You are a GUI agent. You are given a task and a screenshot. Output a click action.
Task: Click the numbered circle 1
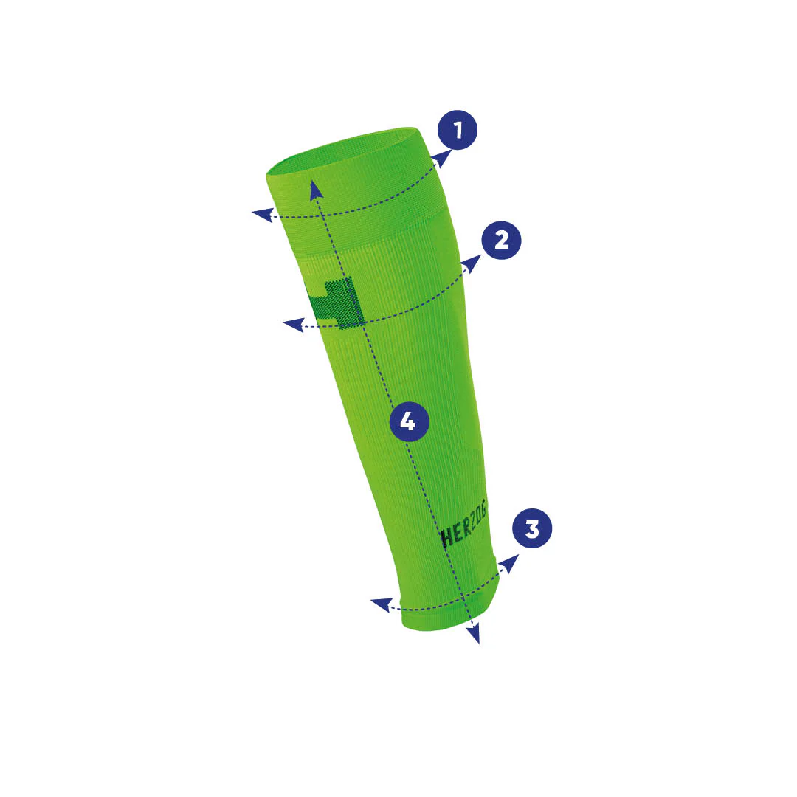coord(458,130)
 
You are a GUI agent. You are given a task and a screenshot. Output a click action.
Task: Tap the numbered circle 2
coord(501,240)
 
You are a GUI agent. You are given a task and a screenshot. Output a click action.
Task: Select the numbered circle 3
coord(532,528)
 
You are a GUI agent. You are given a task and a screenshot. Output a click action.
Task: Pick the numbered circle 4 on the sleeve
coord(409,421)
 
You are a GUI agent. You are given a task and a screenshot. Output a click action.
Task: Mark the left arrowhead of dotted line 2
coord(294,324)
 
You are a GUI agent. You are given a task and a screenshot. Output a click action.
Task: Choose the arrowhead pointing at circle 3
coord(509,563)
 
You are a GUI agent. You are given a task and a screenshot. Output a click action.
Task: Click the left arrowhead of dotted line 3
coord(382,605)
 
